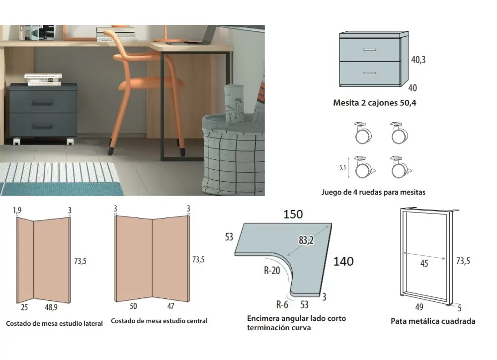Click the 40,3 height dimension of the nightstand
(418, 60)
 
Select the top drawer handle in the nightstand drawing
(370, 50)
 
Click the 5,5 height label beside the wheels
(342, 168)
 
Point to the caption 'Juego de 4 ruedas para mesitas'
(373, 192)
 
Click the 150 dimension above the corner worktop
(293, 215)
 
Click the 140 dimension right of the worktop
(343, 261)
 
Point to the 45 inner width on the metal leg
(424, 264)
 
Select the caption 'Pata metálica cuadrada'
(433, 321)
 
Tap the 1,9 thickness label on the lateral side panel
(18, 210)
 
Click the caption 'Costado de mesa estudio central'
(159, 321)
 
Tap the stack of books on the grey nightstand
(43, 79)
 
